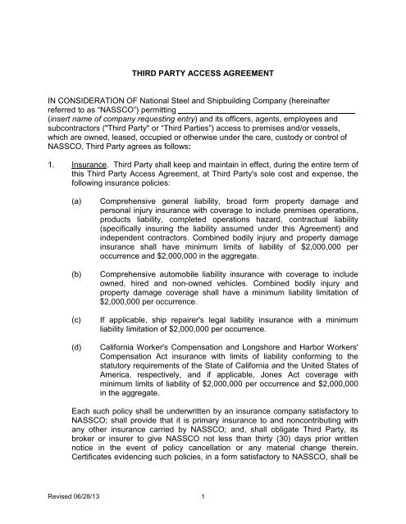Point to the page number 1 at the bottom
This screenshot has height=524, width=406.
pos(202,508)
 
